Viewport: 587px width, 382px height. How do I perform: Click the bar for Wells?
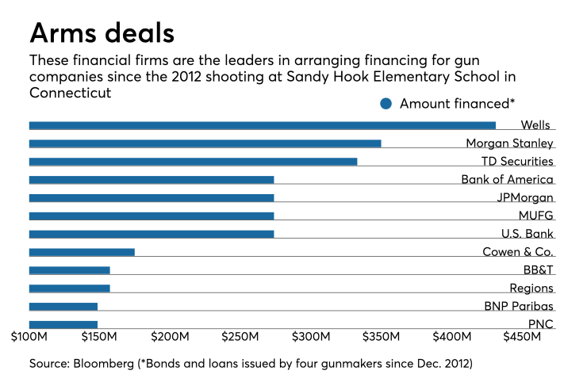(262, 125)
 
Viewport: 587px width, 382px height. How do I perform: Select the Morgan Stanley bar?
(205, 143)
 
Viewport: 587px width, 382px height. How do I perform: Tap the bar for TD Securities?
(193, 162)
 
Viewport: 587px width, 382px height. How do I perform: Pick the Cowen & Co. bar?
(82, 252)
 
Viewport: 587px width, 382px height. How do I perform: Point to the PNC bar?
(63, 324)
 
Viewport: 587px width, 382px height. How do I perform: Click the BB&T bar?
(70, 270)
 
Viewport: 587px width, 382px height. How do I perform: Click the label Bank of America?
(507, 180)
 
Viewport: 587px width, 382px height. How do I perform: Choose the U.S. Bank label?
(527, 234)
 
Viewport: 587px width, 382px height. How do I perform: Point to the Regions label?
(531, 288)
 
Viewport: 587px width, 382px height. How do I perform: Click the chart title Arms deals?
(102, 33)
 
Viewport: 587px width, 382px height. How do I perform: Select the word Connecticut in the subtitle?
(70, 92)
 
